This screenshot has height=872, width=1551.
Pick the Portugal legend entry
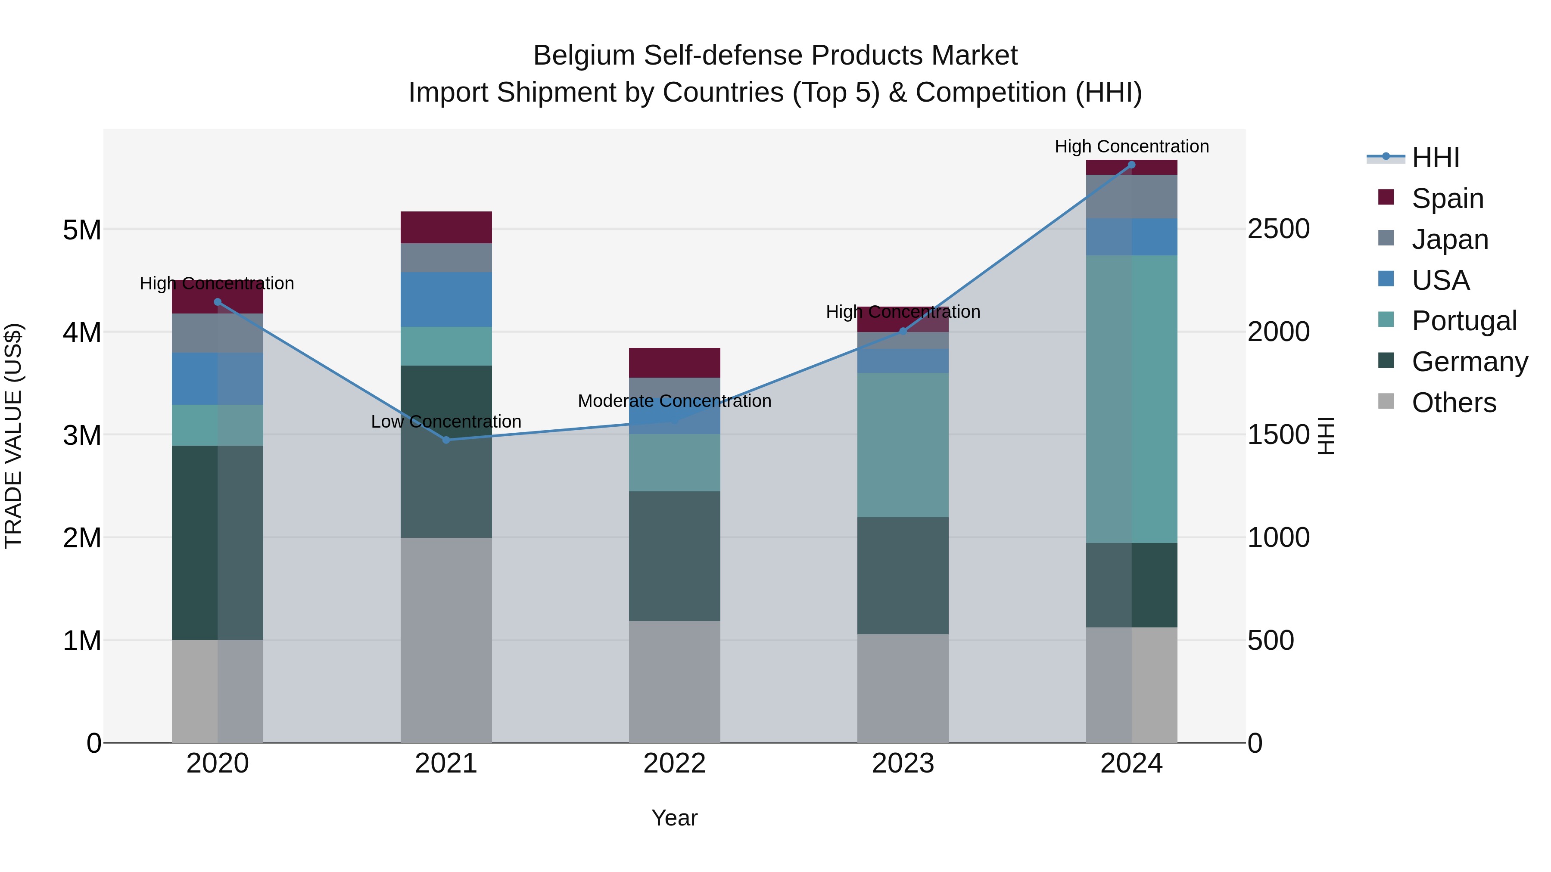coord(1464,321)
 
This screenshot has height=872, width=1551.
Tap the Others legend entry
coord(1454,403)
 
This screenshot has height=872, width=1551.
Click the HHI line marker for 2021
coord(446,440)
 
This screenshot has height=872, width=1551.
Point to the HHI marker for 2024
coord(1131,165)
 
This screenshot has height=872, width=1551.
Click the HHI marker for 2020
coord(218,302)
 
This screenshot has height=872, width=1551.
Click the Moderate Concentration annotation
coord(674,401)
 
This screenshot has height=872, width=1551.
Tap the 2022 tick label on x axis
coord(674,763)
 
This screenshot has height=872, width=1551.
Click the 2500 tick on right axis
coord(1278,229)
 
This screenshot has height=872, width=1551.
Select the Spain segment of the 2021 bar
coord(446,227)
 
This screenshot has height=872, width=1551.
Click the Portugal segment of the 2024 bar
coord(1131,399)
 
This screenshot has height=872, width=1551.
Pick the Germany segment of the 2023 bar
coord(903,575)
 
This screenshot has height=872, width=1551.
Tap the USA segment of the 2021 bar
coord(446,299)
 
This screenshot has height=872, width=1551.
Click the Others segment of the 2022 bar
coord(674,681)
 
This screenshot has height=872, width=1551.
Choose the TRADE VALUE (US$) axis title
coord(13,436)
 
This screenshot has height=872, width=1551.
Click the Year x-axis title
coord(674,818)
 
